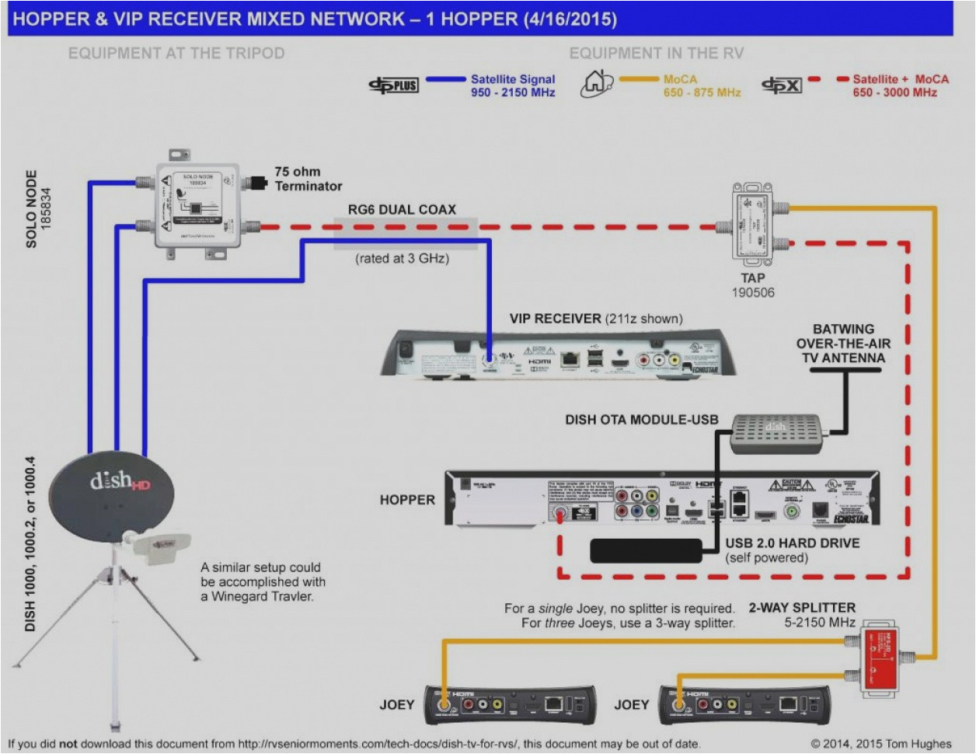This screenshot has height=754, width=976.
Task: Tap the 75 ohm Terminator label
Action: (x=308, y=179)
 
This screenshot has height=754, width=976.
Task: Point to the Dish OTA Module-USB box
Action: (x=776, y=433)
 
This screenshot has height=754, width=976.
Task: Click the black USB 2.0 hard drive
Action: (x=646, y=550)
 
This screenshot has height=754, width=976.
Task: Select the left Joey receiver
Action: (x=510, y=704)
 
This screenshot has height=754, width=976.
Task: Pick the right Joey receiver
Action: (x=744, y=704)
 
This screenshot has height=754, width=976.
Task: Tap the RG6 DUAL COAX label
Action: (x=402, y=210)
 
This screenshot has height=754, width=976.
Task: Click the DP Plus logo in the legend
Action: (x=394, y=86)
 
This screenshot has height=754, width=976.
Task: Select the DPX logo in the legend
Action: (x=781, y=86)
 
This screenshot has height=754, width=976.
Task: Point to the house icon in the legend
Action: (x=596, y=84)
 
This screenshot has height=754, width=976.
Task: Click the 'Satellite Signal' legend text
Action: (x=513, y=79)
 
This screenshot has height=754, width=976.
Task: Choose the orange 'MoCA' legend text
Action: (x=680, y=79)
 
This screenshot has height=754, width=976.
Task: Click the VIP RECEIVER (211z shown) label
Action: (x=596, y=319)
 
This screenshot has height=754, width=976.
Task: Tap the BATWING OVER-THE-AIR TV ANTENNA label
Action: (x=843, y=344)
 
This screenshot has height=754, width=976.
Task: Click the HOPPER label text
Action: (x=407, y=500)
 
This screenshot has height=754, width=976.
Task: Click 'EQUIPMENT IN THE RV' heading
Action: (x=656, y=53)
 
